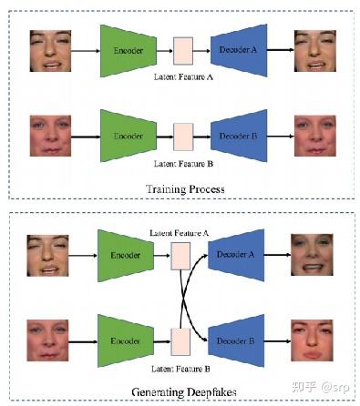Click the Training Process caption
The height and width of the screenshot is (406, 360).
[x=185, y=188]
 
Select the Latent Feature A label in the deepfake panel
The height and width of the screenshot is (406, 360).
[x=180, y=233]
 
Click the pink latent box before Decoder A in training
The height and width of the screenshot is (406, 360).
[x=183, y=51]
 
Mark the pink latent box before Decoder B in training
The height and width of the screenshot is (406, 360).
[x=183, y=133]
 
